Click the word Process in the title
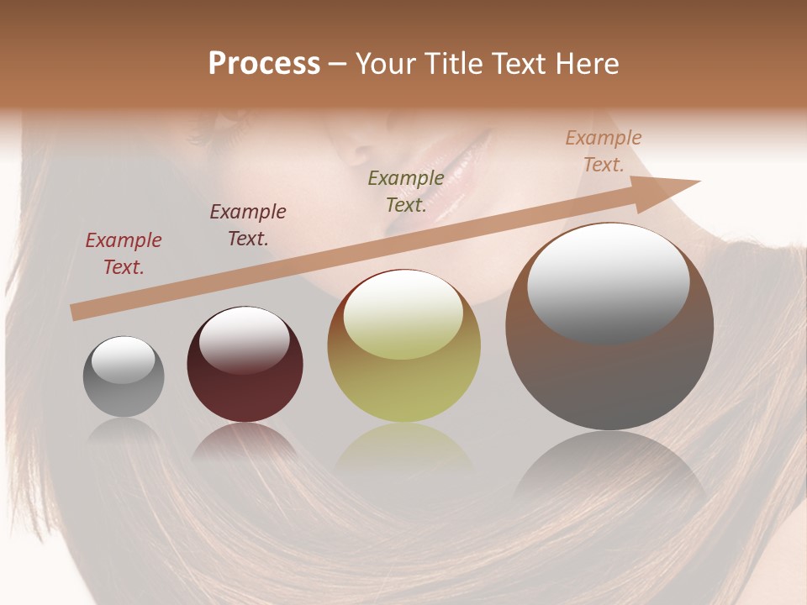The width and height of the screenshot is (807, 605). click(264, 64)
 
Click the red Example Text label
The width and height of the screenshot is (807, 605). click(124, 254)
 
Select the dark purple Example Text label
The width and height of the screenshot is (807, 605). click(248, 225)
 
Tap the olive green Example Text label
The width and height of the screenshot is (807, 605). click(406, 191)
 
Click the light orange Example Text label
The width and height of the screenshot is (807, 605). click(604, 151)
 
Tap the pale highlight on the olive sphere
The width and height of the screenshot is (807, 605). click(403, 316)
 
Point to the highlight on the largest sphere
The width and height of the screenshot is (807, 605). click(608, 283)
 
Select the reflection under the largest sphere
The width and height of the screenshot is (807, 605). click(609, 471)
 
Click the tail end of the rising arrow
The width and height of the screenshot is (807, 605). click(76, 313)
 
